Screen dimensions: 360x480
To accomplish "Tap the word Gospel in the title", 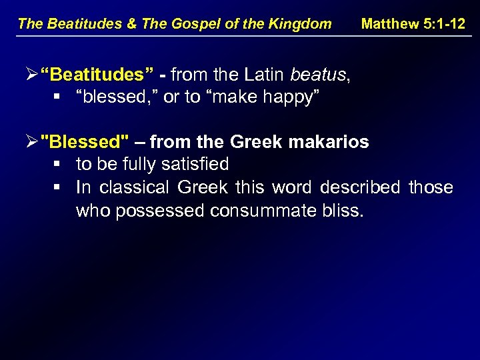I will pyautogui.click(x=204, y=24).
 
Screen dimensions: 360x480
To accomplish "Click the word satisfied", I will pyautogui.click(x=193, y=164).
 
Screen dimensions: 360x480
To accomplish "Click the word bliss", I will pyautogui.click(x=341, y=211).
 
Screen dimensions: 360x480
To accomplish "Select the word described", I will pyautogui.click(x=360, y=187).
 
